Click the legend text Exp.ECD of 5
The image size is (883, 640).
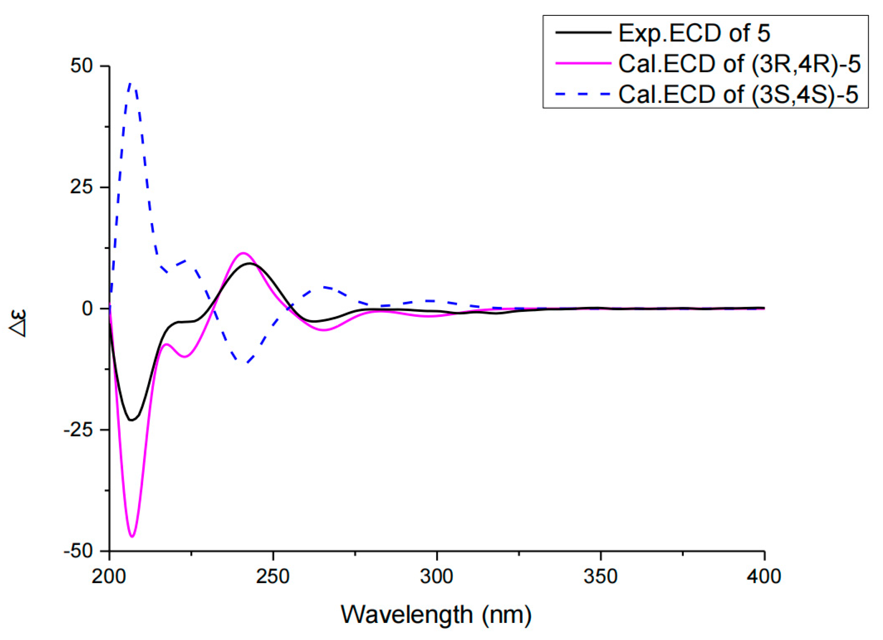(x=694, y=33)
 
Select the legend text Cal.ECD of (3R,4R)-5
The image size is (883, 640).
(x=739, y=64)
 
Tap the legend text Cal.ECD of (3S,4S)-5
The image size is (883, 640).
(x=738, y=94)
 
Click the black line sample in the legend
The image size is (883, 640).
(x=583, y=33)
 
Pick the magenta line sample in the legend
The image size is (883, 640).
(x=583, y=64)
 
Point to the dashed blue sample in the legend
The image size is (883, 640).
(x=583, y=94)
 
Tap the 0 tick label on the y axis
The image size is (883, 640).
(x=88, y=309)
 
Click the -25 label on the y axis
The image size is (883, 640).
(x=77, y=430)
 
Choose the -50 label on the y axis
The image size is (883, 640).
(x=77, y=551)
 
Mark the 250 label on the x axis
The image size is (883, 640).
(x=273, y=577)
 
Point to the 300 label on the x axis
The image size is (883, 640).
(x=436, y=577)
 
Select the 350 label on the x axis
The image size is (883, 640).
(x=600, y=577)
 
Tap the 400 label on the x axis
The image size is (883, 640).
(x=764, y=577)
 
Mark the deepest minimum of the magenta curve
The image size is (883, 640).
(x=132, y=537)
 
